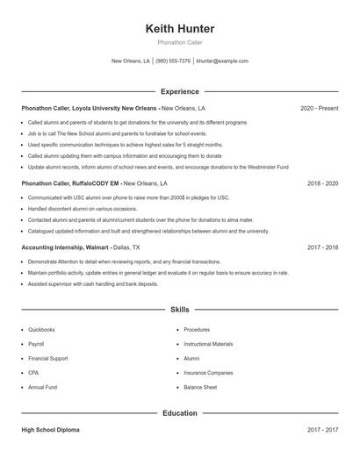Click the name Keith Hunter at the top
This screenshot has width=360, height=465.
point(179,29)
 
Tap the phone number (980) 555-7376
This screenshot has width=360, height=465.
point(174,61)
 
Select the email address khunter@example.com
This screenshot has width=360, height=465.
point(222,61)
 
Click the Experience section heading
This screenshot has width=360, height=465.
point(179,91)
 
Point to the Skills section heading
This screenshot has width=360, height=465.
point(179,310)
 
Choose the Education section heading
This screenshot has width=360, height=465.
point(179,412)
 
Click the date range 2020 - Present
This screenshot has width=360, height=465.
point(319,108)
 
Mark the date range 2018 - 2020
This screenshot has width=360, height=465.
point(322,183)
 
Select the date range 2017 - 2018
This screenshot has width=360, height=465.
point(322,247)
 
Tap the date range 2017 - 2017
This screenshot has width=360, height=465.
point(322,430)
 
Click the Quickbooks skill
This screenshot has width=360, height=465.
point(41,330)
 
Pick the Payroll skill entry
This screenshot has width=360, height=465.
point(36,344)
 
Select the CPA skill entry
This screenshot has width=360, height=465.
point(33,373)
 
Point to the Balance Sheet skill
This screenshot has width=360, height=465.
point(200,387)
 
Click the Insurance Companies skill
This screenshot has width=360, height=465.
point(208,373)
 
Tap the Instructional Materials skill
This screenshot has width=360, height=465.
point(208,344)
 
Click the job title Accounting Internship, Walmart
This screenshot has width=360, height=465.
point(64,247)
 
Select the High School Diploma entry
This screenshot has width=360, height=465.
point(52,430)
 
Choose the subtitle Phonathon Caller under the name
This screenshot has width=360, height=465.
point(179,42)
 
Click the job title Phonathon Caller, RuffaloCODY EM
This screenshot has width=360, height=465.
point(70,183)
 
